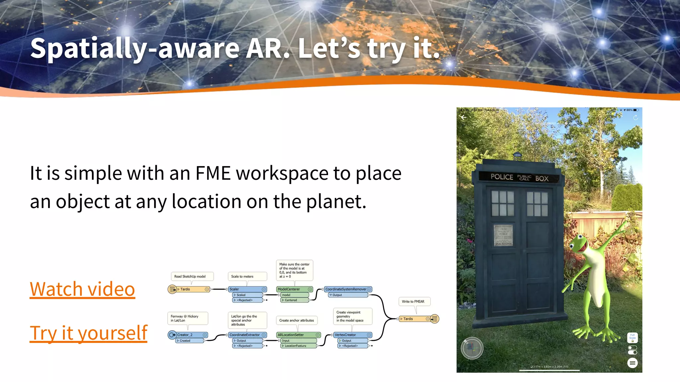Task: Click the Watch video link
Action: (82, 289)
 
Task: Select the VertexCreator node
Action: (352, 335)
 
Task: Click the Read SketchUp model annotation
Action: (192, 276)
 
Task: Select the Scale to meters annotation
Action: (247, 276)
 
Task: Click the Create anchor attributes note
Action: (297, 320)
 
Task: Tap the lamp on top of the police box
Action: (517, 155)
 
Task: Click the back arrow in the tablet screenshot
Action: (464, 117)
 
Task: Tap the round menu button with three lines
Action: (632, 363)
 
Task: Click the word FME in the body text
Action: (213, 173)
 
